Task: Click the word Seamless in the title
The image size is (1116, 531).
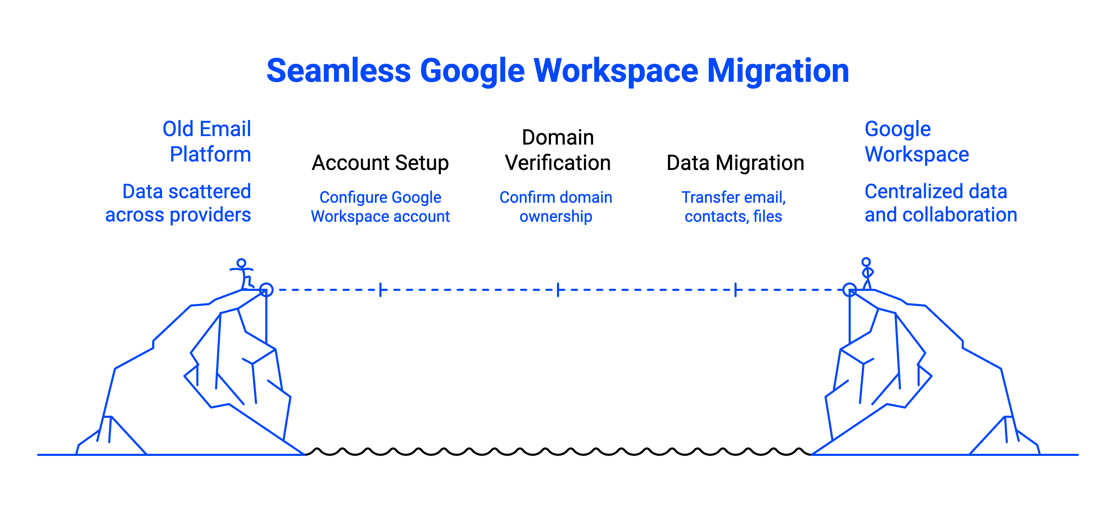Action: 338,71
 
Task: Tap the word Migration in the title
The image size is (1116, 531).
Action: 778,71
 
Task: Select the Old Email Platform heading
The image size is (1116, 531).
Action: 207,141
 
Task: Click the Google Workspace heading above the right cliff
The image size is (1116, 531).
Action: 916,141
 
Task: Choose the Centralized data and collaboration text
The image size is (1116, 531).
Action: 940,203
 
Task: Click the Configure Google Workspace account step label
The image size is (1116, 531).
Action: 380,207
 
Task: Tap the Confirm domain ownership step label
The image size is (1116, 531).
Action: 556,207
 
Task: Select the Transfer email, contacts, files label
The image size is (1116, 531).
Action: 733,207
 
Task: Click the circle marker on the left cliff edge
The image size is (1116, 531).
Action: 266,289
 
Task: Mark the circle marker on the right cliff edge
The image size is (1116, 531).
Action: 850,289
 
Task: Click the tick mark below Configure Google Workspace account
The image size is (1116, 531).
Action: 380,289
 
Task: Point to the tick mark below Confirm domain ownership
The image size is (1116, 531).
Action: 558,289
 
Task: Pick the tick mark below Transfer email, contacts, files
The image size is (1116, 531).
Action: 736,289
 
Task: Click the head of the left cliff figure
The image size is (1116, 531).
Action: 241,263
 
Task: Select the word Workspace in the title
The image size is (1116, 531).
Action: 616,71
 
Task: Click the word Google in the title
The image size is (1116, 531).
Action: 472,71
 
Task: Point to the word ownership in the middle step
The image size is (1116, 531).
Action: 556,216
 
